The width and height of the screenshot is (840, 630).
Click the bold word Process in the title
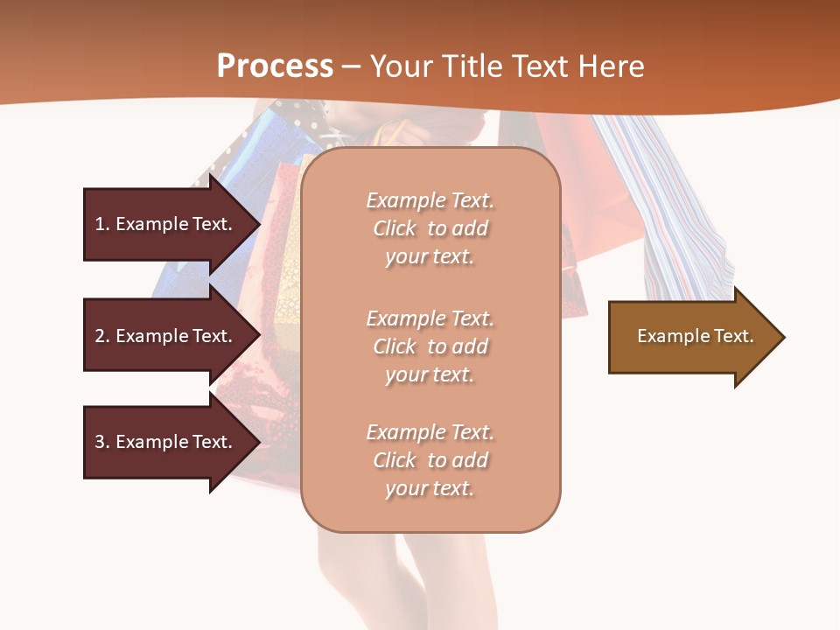[x=275, y=66]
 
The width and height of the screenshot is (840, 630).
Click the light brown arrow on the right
[x=691, y=336]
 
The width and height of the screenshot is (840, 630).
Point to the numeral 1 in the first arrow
[x=100, y=224]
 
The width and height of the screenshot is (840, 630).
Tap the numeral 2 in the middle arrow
[x=100, y=336]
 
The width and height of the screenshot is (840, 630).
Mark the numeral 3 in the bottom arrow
[x=100, y=442]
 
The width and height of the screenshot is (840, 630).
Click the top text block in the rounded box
[x=430, y=228]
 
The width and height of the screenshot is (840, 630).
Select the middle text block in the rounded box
[x=430, y=346]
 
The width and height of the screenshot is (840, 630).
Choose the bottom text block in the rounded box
[x=430, y=460]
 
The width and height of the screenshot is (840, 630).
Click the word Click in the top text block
[x=395, y=228]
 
